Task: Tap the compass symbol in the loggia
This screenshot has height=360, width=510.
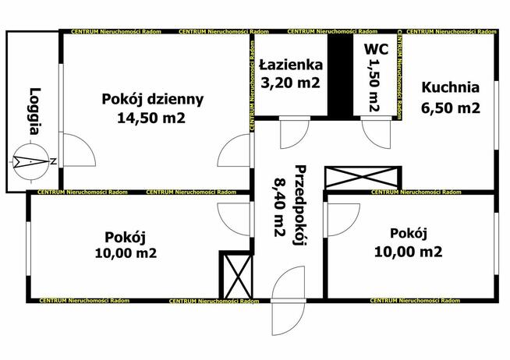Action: pos(28,162)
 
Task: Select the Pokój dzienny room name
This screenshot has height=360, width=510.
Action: pos(153,99)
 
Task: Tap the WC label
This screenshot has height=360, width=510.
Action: pos(374,49)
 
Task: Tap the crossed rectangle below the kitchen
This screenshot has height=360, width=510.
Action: pos(362,176)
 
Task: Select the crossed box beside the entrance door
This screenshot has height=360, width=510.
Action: pos(236,274)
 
